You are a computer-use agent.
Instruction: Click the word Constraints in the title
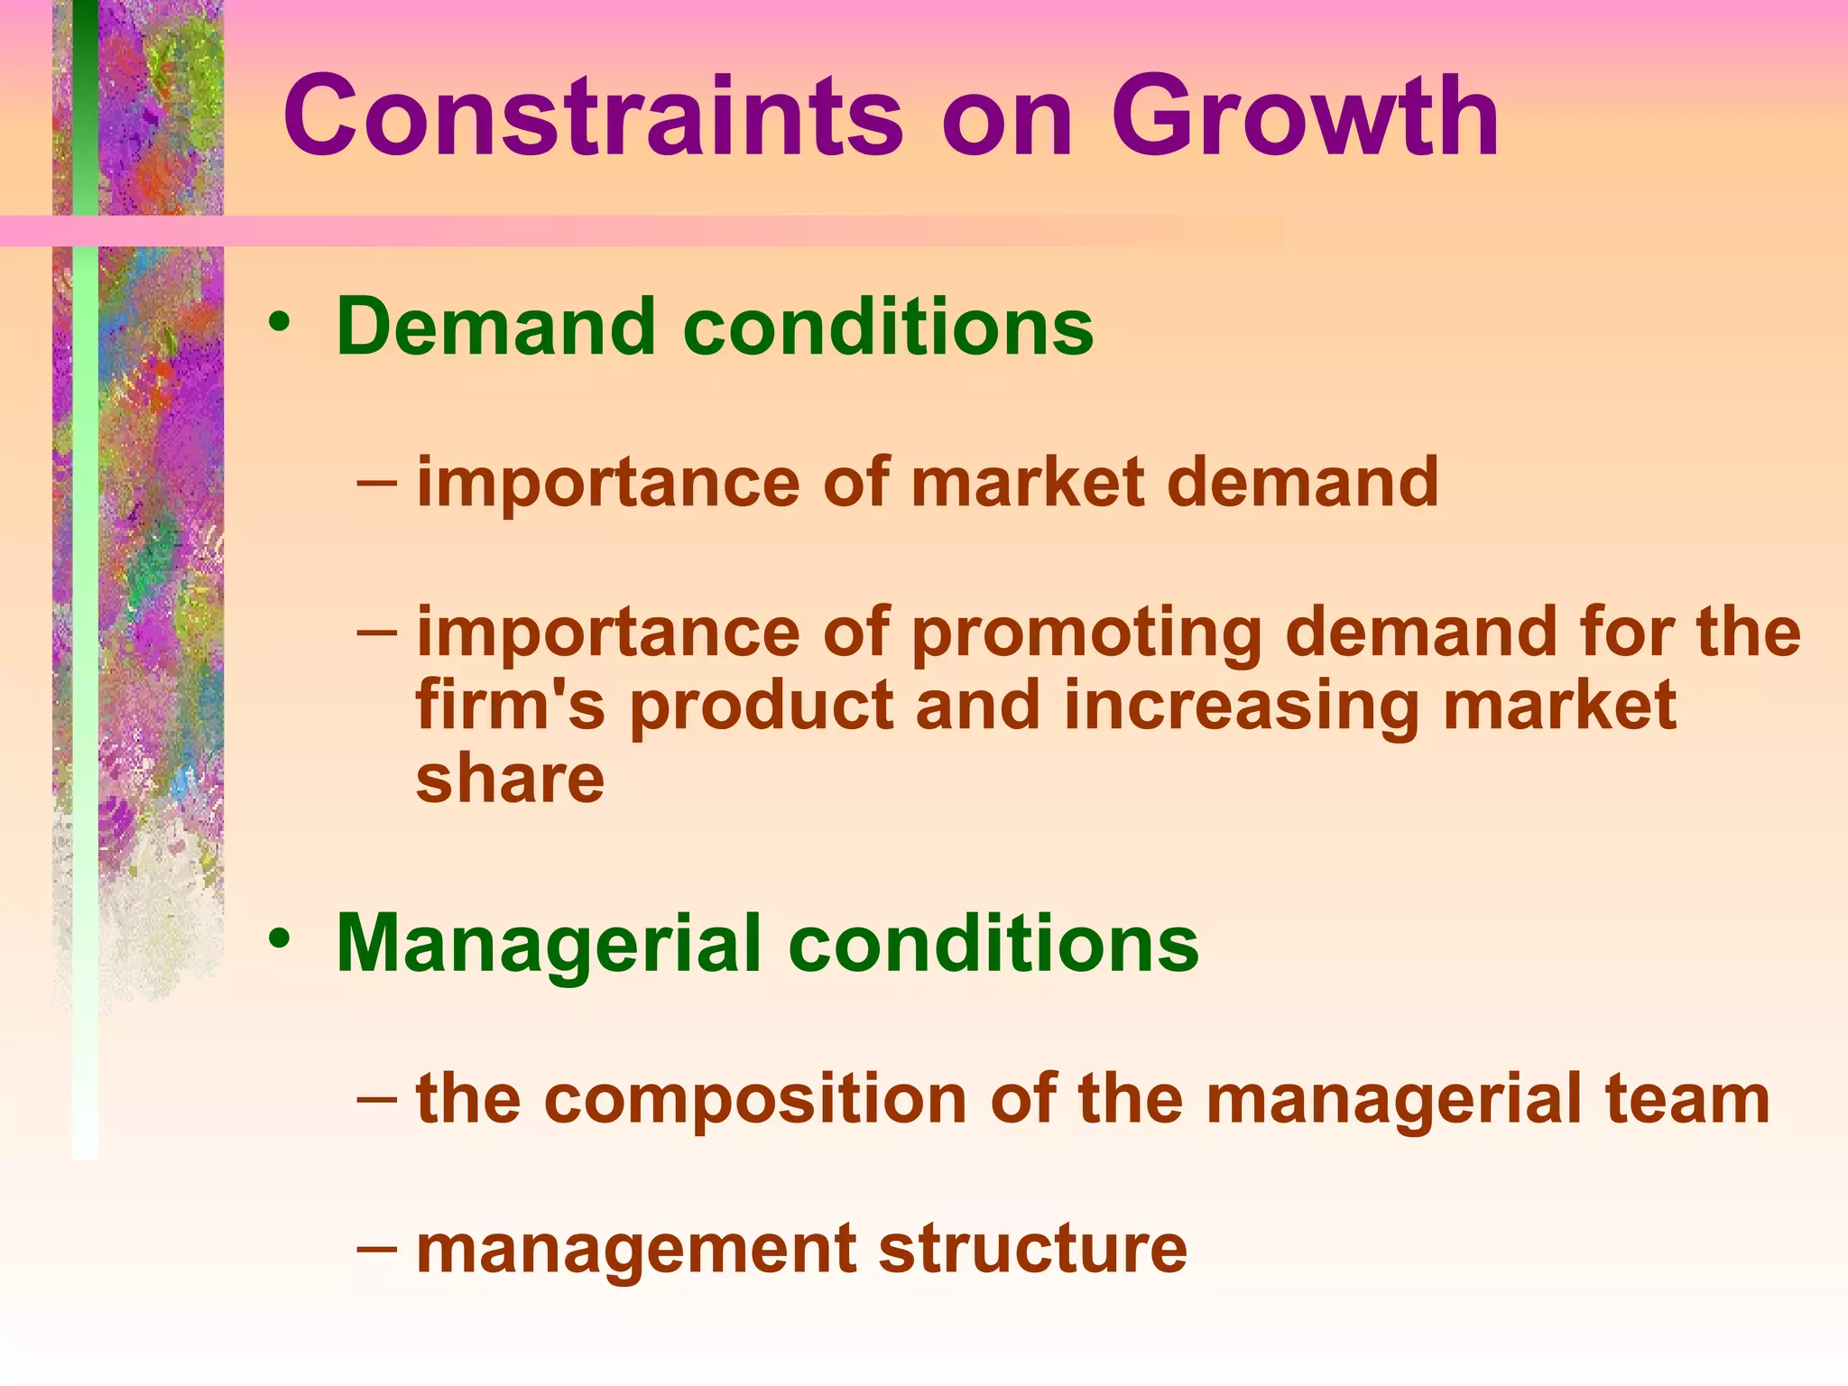[x=592, y=117]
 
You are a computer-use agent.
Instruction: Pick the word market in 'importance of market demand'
[x=1028, y=482]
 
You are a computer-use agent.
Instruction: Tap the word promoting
[x=1086, y=633]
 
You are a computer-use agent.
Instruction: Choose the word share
[x=510, y=779]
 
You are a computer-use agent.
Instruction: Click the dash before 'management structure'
[x=376, y=1249]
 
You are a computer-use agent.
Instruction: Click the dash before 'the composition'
[x=376, y=1098]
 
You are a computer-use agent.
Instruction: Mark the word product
[x=761, y=707]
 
